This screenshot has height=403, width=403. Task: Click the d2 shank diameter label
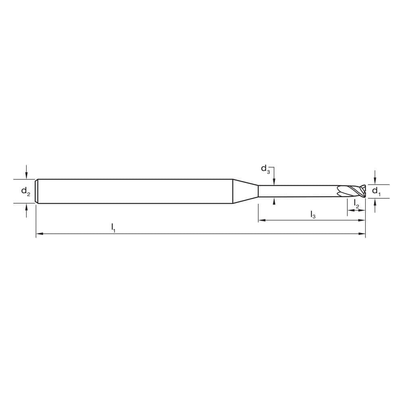tap(25, 191)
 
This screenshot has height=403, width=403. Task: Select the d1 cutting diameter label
tap(376, 191)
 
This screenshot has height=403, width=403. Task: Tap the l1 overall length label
tap(114, 228)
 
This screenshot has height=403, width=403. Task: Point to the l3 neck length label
tap(313, 215)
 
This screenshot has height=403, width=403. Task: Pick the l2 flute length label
tap(356, 204)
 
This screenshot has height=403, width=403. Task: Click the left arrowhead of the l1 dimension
tap(39, 233)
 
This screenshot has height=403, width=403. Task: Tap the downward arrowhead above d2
tap(27, 176)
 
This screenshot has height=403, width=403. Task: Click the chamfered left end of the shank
tap(37, 191)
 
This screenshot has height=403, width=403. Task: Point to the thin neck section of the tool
tap(298, 191)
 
